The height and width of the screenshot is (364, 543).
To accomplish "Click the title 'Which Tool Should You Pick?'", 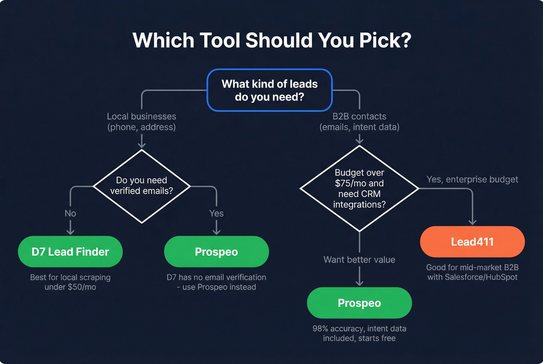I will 271,40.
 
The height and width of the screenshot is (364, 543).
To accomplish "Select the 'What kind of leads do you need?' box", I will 270,90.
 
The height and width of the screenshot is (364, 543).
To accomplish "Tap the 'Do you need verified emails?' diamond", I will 142,186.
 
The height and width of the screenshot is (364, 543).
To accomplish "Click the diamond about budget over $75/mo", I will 359,189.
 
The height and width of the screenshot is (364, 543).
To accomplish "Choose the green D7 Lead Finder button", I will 70,252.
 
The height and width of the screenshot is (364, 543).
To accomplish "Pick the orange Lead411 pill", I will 472,242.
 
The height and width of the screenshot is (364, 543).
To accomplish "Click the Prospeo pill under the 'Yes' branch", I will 216,252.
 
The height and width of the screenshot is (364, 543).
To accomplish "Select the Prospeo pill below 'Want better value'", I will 359,303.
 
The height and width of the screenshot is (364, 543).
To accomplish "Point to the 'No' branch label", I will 70,214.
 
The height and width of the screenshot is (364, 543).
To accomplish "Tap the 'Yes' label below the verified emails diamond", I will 216,214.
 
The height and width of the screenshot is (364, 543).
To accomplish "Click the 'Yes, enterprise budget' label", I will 472,179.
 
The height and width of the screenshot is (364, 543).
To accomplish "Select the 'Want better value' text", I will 359,260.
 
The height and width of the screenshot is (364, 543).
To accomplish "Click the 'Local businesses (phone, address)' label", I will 142,122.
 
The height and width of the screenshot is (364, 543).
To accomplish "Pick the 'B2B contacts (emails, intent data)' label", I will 359,122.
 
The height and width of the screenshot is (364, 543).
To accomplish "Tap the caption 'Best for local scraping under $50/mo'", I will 70,282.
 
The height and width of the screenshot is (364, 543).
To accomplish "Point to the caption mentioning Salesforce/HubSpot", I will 472,272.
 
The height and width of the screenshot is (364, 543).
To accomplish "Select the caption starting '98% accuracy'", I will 359,333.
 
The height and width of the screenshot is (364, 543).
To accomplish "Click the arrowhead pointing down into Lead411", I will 472,222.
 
